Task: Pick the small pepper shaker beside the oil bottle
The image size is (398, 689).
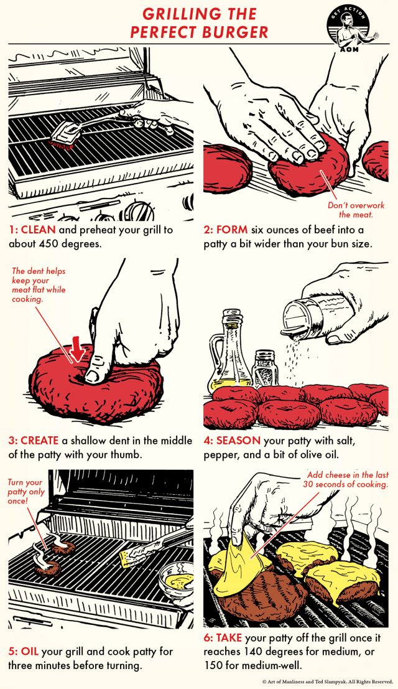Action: (x=266, y=370)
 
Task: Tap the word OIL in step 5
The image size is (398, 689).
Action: (x=29, y=651)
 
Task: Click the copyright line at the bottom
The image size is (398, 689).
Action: (x=326, y=682)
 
